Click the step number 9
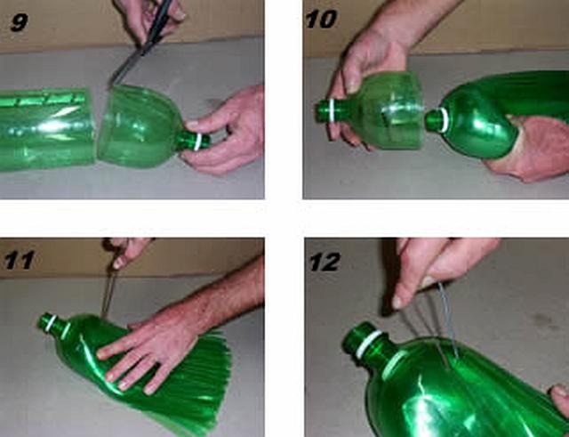(x=20, y=22)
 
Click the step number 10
(x=321, y=20)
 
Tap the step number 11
(x=19, y=260)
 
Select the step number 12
(x=325, y=262)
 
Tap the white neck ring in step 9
(x=197, y=142)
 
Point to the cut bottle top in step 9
(x=152, y=127)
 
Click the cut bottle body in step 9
(x=47, y=130)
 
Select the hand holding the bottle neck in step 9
(x=225, y=131)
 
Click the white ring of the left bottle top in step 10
(x=332, y=110)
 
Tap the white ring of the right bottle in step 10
(x=444, y=120)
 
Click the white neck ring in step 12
(x=369, y=343)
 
